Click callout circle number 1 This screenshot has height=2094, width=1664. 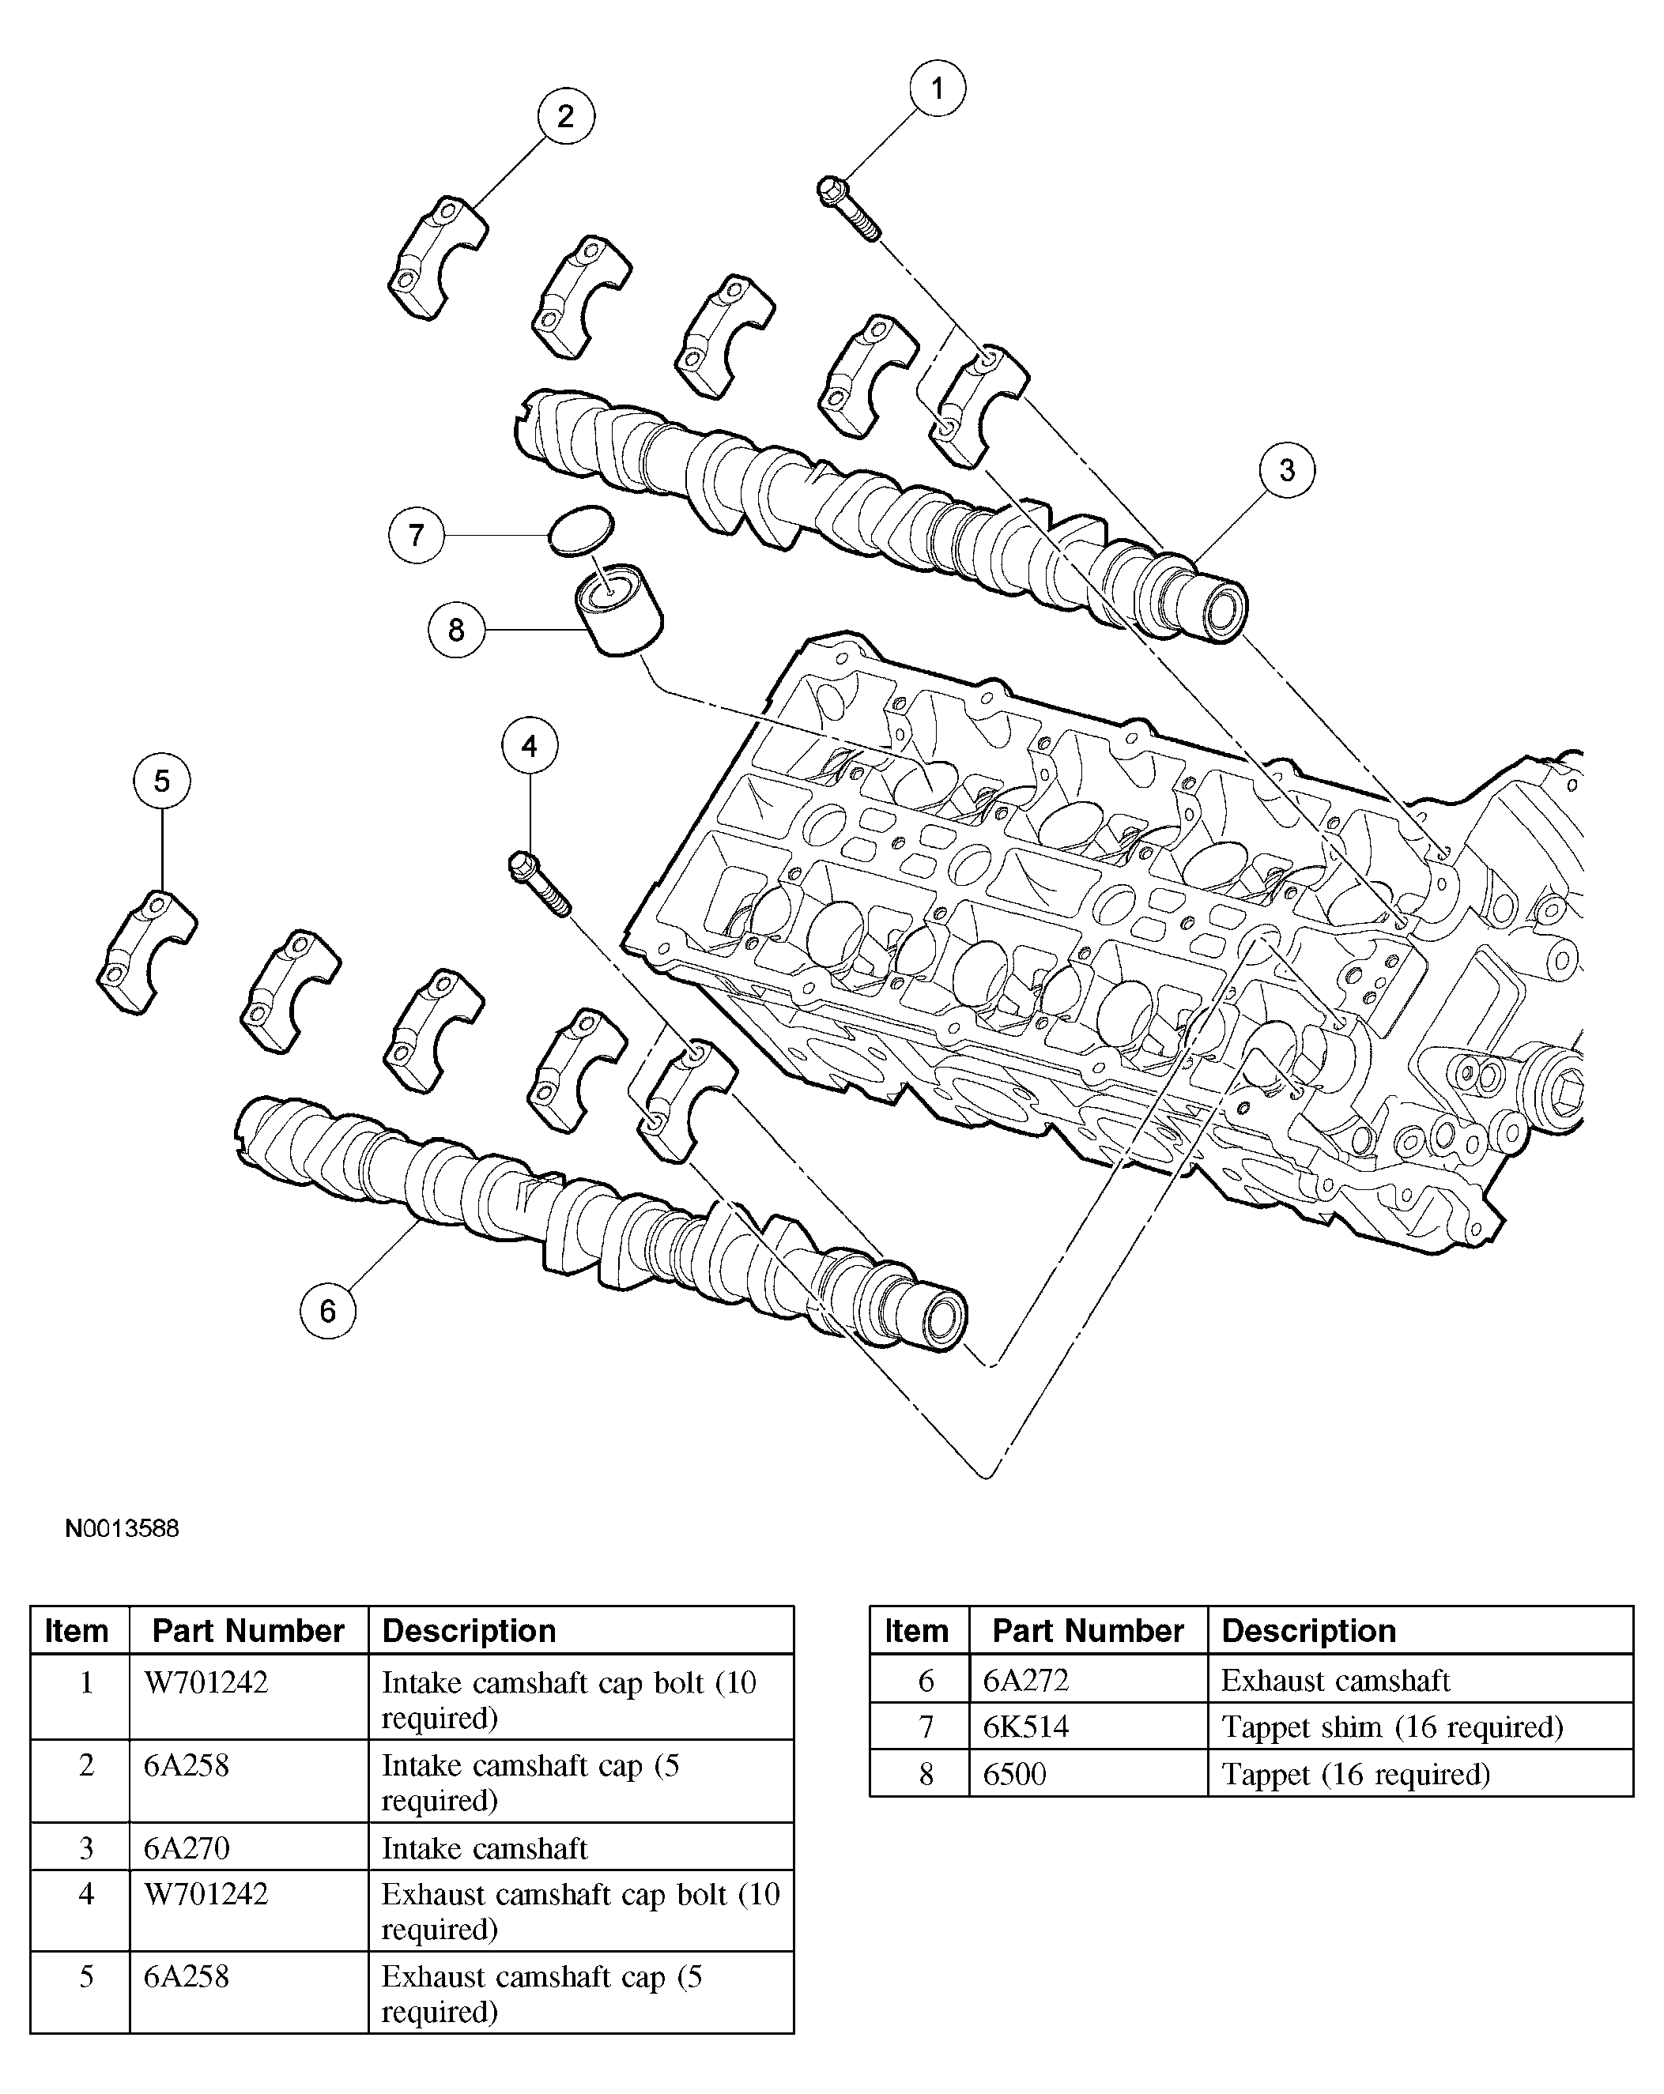[x=937, y=89]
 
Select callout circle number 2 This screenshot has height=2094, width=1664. [x=565, y=116]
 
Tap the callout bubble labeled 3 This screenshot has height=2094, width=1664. [x=1286, y=470]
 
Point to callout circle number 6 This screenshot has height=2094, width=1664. [x=327, y=1311]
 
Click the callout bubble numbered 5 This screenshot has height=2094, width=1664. [x=162, y=781]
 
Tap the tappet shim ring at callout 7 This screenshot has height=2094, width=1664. [x=581, y=530]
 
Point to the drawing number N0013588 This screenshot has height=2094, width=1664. [x=122, y=1529]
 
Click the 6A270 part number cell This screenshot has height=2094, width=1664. [x=187, y=1847]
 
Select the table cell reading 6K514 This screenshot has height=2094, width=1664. [x=1026, y=1727]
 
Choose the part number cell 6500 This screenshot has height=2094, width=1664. [x=1014, y=1775]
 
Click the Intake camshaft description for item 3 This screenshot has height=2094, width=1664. [x=484, y=1847]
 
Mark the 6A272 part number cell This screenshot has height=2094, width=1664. [x=1026, y=1680]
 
